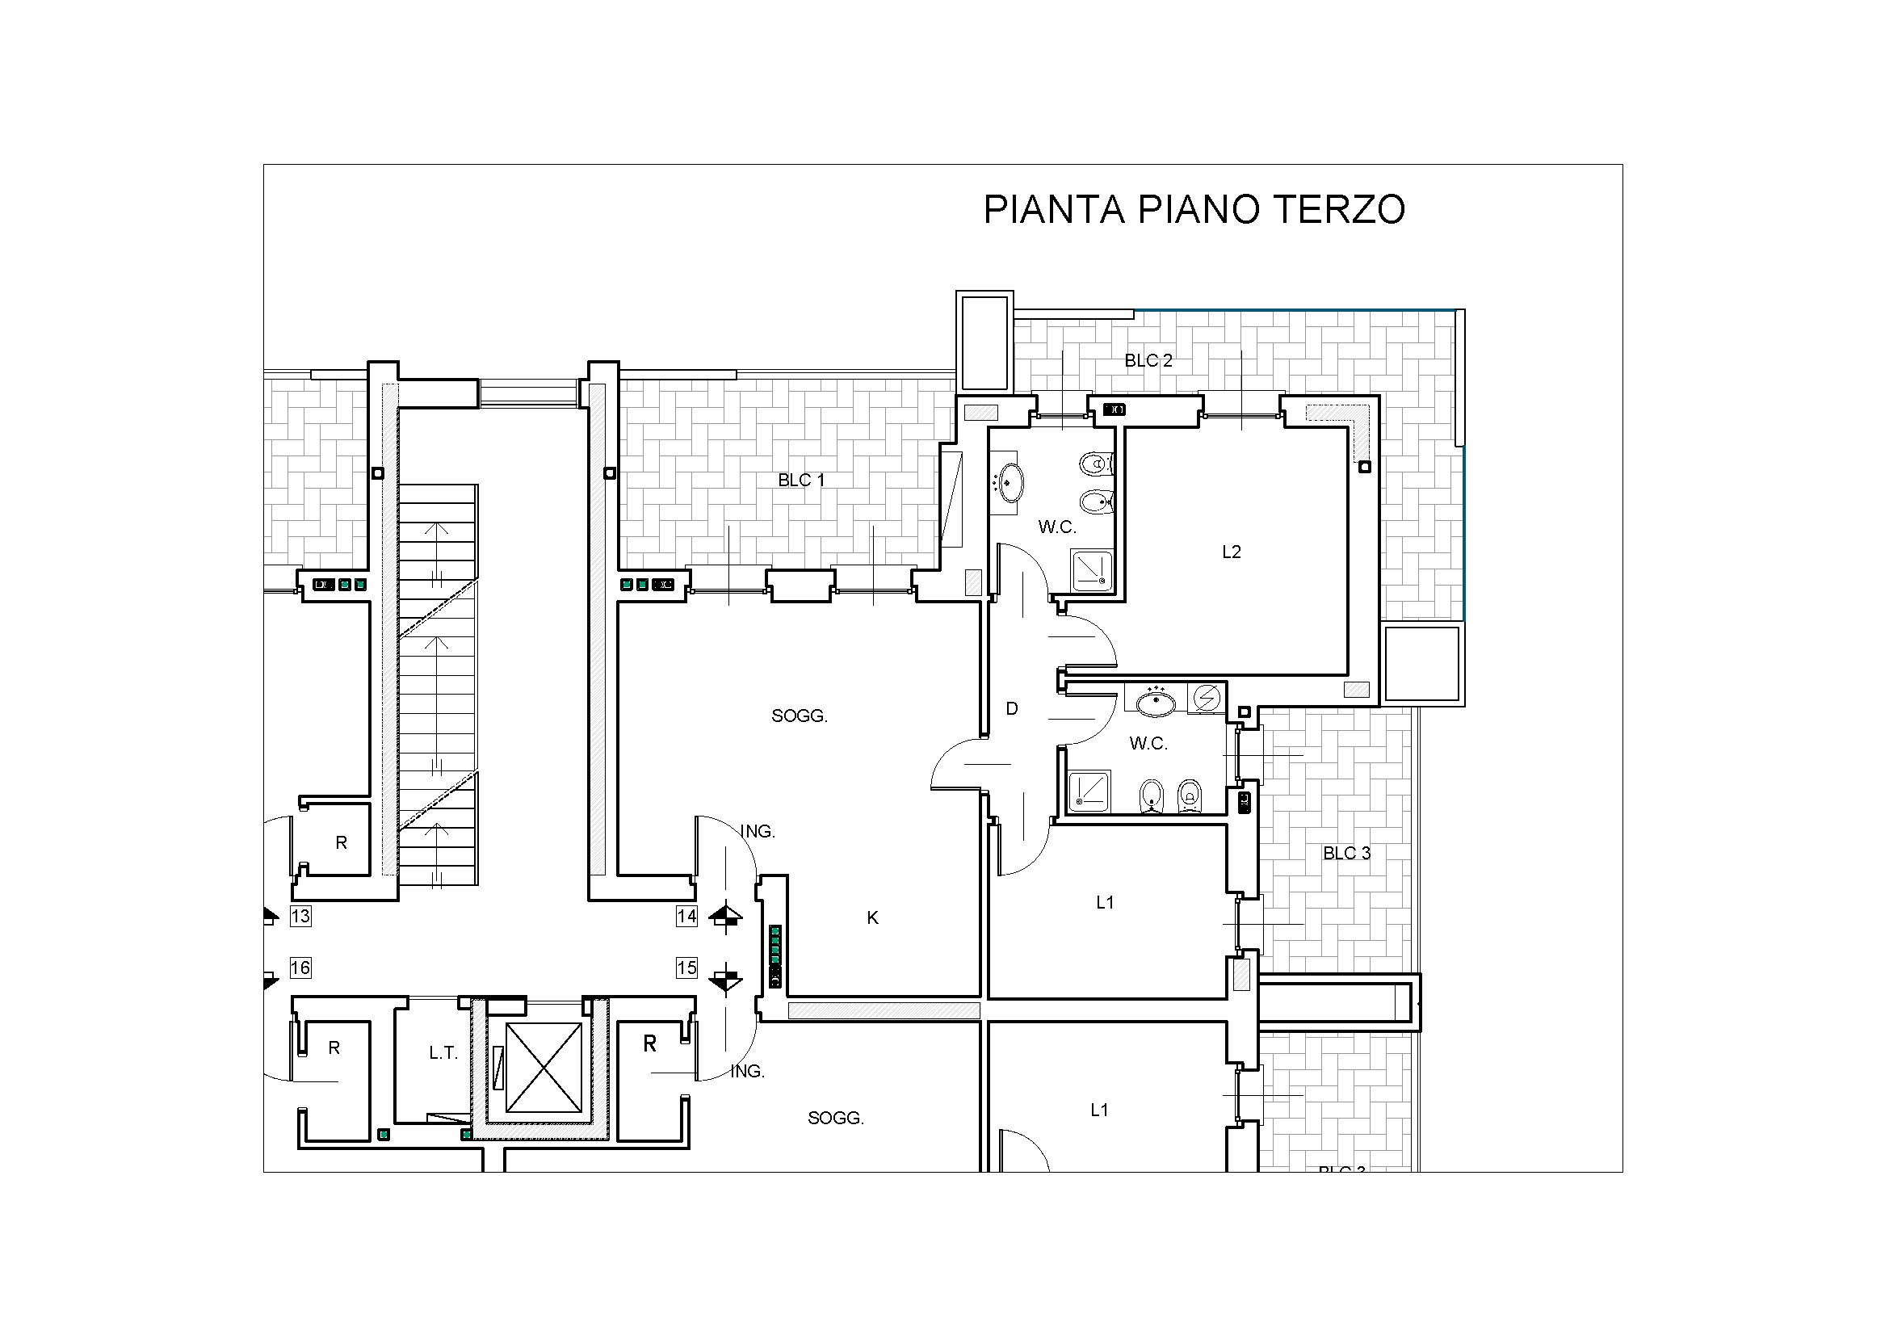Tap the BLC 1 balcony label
coord(801,480)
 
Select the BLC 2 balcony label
coord(1148,360)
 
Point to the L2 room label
coord(1231,552)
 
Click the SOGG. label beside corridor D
coord(799,716)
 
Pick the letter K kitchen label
coord(873,918)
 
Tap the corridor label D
coord(1012,708)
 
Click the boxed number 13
coord(300,916)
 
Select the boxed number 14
coord(686,916)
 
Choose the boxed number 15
coord(686,968)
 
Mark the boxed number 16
coord(300,968)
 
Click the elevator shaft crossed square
coord(543,1068)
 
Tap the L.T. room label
coord(443,1053)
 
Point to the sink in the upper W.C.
coord(1010,482)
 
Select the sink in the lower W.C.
coord(1156,703)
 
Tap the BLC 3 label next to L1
coord(1347,854)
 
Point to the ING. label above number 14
coord(758,832)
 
